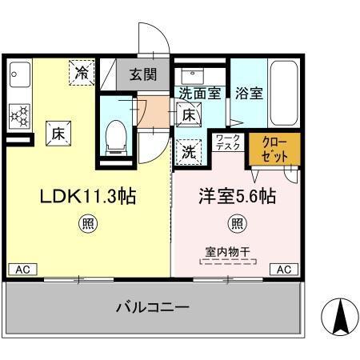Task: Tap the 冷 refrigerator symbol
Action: point(82,73)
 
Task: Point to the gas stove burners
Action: point(18,116)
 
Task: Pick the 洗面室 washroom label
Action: point(199,92)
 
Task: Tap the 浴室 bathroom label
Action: point(249,92)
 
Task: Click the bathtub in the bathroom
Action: point(285,93)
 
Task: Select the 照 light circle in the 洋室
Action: point(238,223)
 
